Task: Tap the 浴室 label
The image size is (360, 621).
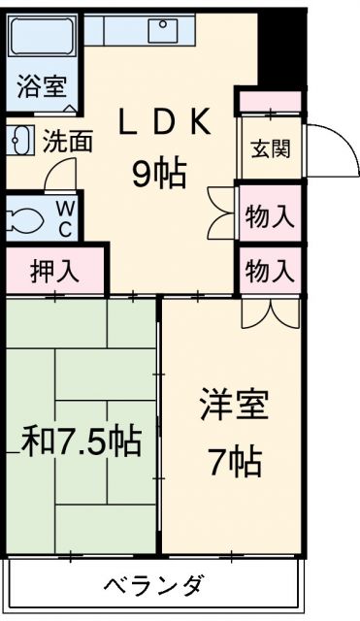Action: tap(42, 86)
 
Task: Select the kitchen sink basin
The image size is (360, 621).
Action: tap(163, 30)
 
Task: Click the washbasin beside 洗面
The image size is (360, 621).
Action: tap(19, 141)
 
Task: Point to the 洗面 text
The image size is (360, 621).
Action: tap(68, 141)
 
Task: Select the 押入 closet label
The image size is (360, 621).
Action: tap(54, 272)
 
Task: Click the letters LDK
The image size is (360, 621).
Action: tap(164, 121)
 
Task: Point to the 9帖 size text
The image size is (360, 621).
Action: tap(159, 173)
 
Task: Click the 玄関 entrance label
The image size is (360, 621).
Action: tap(272, 148)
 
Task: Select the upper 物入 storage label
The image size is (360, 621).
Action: tap(270, 216)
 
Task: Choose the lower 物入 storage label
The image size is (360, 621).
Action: tap(270, 271)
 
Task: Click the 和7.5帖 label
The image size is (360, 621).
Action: tap(82, 441)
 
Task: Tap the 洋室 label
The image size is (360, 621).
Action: tap(235, 405)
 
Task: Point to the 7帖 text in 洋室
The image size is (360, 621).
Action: tap(235, 462)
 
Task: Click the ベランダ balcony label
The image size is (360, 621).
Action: tap(155, 583)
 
